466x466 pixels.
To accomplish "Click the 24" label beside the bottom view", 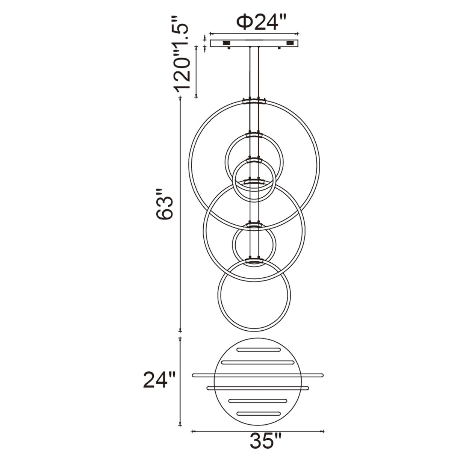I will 159,380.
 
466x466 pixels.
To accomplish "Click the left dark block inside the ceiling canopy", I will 227,43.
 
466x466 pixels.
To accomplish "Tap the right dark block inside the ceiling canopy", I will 290,43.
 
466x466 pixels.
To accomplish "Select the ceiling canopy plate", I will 254,43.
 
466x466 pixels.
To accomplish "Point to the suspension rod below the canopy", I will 254,71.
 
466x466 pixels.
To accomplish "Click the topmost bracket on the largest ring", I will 254,101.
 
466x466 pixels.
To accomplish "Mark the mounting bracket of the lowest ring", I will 254,260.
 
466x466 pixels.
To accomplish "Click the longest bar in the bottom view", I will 257,375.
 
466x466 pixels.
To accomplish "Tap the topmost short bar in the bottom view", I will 258,350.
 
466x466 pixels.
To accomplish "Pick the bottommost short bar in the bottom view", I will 258,413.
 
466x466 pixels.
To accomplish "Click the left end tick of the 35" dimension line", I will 192,431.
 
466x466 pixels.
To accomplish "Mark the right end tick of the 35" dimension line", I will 324,431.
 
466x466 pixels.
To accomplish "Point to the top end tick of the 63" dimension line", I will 181,97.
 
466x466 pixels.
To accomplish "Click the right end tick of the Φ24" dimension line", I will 298,33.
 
